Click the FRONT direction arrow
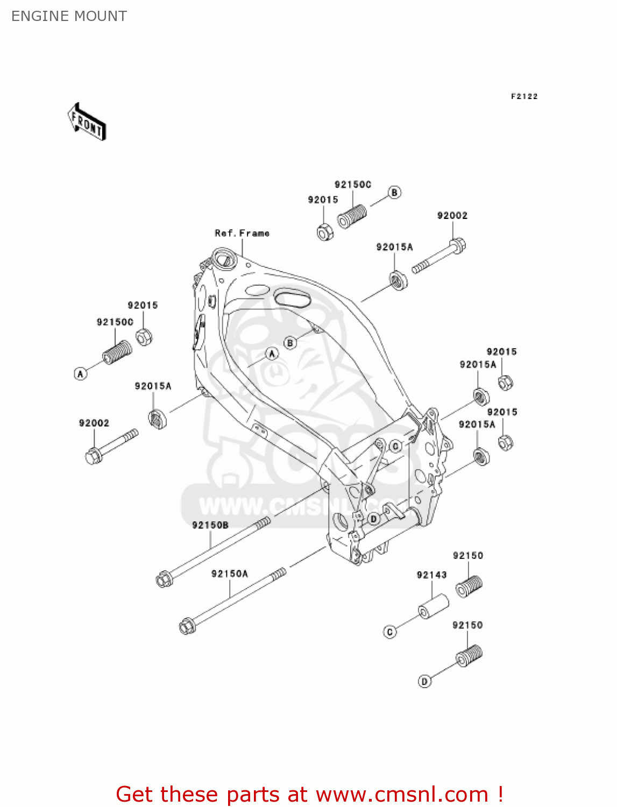(x=87, y=122)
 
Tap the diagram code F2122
(x=524, y=96)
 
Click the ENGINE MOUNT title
(x=69, y=16)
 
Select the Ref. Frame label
(x=242, y=233)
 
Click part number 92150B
(x=210, y=525)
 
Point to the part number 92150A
(x=230, y=574)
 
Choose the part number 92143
(x=431, y=575)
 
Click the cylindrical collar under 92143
(x=434, y=606)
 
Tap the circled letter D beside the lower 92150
(x=424, y=682)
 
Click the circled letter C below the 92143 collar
(x=390, y=632)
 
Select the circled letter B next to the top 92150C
(x=394, y=193)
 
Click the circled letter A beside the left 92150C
(x=81, y=373)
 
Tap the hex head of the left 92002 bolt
(x=94, y=457)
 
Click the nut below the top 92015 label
(x=325, y=232)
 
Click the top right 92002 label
(x=452, y=216)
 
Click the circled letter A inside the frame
(x=272, y=353)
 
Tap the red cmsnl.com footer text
(x=309, y=794)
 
